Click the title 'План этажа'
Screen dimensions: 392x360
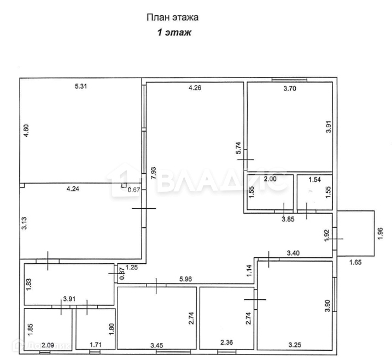pos(172,17)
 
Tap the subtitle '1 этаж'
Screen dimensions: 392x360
pos(175,33)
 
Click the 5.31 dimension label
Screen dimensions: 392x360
pos(81,86)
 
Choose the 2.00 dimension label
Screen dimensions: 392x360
pos(270,179)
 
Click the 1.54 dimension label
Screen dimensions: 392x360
pos(315,179)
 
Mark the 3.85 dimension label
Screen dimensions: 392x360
pos(288,219)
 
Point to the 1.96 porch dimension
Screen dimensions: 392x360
pos(381,234)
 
